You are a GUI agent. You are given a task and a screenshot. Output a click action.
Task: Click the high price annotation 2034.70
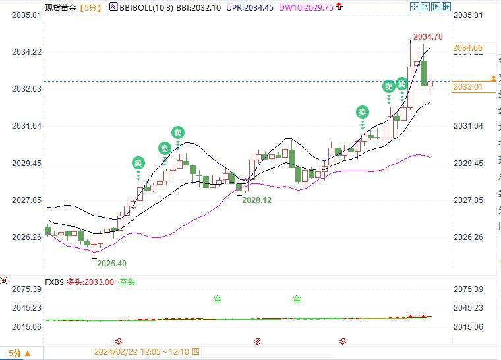click(428, 36)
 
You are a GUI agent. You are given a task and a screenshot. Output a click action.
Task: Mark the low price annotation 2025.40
click(111, 263)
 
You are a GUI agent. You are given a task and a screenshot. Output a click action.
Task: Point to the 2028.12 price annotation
click(256, 200)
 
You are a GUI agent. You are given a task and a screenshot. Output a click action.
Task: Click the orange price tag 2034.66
click(468, 48)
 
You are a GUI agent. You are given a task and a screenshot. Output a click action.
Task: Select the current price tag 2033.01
click(468, 86)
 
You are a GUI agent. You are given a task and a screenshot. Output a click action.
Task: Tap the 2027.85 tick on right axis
click(469, 200)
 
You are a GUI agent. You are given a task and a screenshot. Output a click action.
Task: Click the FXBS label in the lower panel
click(55, 282)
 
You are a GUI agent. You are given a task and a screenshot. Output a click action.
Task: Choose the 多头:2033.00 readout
click(90, 282)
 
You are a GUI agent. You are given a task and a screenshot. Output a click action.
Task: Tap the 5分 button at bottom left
click(15, 353)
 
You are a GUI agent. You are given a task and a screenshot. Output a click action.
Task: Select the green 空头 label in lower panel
click(127, 282)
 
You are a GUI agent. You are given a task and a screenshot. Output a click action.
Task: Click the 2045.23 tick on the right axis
click(469, 308)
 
